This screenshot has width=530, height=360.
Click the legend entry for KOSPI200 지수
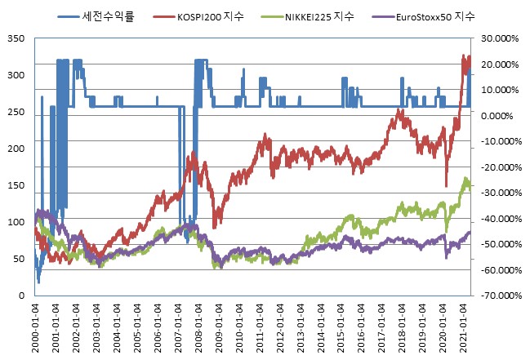pyautogui.click(x=222, y=16)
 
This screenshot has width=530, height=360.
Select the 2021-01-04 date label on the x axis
pyautogui.click(x=465, y=327)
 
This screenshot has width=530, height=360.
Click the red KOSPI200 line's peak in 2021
pyautogui.click(x=465, y=56)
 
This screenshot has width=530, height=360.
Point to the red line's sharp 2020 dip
pyautogui.click(x=447, y=186)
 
